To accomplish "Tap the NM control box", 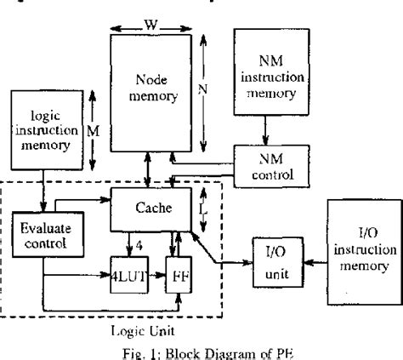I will (269, 168).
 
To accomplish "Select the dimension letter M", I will (95, 132).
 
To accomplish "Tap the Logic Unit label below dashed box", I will (117, 329).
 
